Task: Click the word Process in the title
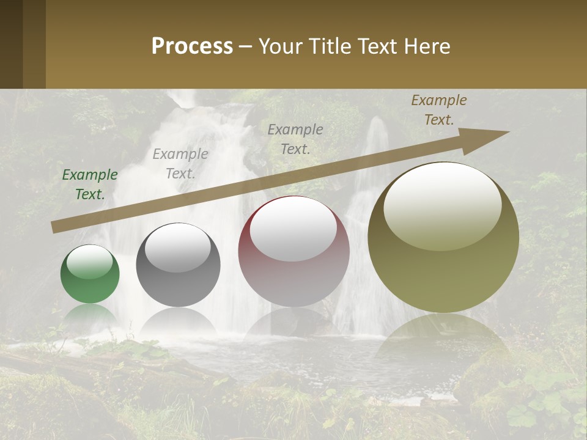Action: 192,46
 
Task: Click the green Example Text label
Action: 90,185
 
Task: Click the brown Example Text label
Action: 438,110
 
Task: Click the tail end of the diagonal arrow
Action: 54,227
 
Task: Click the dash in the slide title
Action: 245,46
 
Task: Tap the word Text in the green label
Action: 90,195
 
